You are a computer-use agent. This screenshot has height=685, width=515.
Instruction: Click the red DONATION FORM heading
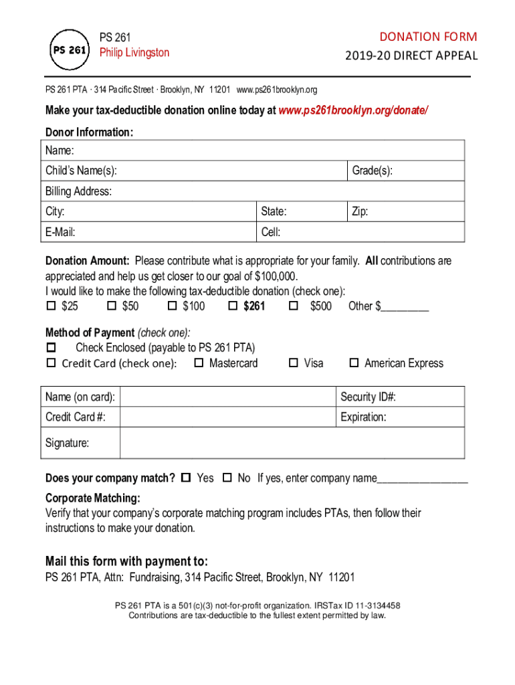[428, 36]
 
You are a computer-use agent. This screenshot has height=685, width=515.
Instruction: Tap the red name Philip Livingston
[134, 52]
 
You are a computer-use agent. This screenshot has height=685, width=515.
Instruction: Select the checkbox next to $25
[51, 306]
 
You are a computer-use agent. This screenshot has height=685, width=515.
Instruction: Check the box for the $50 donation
[112, 306]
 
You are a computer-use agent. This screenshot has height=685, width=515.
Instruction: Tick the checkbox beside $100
[172, 306]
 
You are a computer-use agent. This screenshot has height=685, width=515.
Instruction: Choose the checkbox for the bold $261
[233, 306]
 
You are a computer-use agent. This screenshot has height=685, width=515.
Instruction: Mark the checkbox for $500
[293, 306]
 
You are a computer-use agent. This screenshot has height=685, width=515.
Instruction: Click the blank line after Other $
[405, 307]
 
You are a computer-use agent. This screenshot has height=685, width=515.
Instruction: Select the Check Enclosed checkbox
[51, 348]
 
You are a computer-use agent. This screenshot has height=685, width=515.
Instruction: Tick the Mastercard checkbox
[199, 363]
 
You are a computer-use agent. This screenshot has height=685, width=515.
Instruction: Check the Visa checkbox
[293, 363]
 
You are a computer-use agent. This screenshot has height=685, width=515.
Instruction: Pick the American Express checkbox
[354, 363]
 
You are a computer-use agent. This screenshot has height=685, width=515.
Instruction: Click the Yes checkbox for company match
[186, 478]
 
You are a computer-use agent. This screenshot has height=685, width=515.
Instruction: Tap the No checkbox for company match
[227, 478]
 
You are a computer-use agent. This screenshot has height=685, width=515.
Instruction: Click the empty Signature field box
[292, 443]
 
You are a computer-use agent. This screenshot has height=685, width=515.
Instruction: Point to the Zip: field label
[360, 212]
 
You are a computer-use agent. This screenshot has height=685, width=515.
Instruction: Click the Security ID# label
[369, 397]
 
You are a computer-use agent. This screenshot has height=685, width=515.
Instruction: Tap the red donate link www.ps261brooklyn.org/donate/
[353, 110]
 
